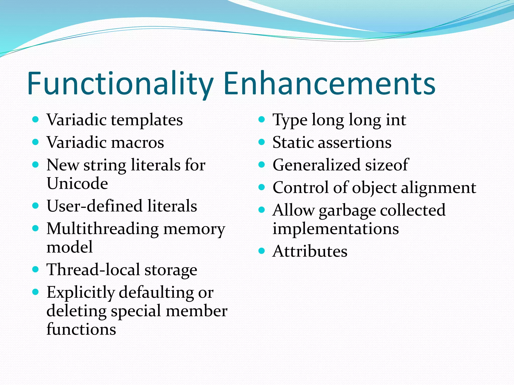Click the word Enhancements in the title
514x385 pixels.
[329, 84]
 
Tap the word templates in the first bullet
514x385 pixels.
[147, 120]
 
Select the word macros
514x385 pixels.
[138, 142]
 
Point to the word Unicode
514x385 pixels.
[77, 183]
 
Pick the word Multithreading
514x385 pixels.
[102, 229]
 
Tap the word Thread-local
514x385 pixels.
[93, 270]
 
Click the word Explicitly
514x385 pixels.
[81, 293]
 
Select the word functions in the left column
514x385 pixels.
[81, 329]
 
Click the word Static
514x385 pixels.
[293, 142]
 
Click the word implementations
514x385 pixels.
[336, 229]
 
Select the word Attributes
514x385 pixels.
[310, 251]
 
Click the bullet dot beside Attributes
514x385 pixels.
[262, 251]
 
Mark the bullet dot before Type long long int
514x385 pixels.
[262, 119]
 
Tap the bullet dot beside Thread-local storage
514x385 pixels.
[36, 269]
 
